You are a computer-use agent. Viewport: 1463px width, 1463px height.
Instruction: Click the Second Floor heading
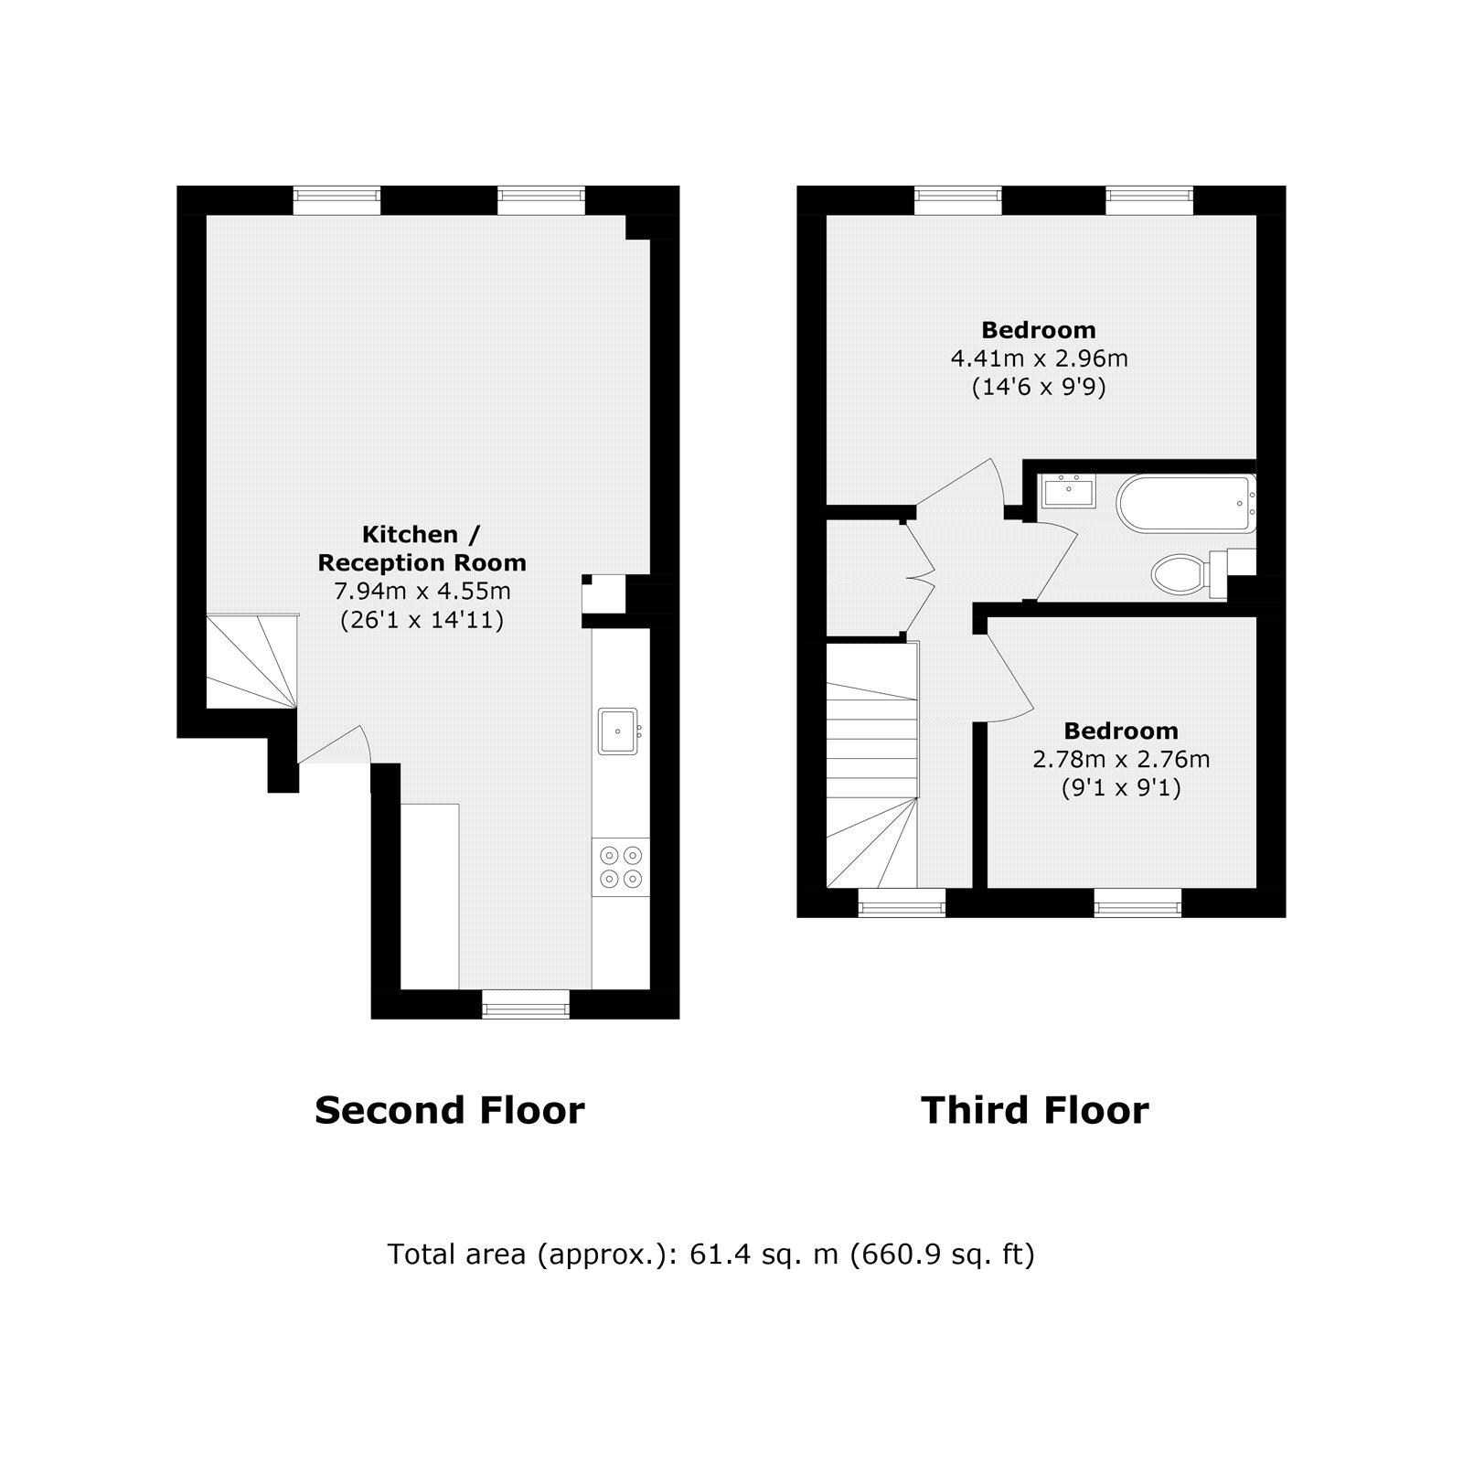tap(449, 1111)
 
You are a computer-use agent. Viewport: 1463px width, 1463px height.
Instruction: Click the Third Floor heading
tap(1034, 1111)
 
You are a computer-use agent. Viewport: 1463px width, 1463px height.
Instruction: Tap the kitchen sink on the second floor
tap(618, 731)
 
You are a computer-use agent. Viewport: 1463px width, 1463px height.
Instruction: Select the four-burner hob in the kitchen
tap(620, 867)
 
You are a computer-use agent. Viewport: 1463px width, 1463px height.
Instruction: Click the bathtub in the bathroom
tap(1185, 503)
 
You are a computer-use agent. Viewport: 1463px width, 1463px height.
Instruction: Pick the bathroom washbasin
tap(1069, 491)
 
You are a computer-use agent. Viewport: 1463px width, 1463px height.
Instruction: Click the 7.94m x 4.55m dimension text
tap(422, 592)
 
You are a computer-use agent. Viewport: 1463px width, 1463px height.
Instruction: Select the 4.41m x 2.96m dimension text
tap(1039, 358)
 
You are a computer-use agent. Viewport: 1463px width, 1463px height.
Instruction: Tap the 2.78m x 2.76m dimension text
tap(1121, 760)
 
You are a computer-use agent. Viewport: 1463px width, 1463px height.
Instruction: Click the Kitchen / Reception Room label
tap(422, 549)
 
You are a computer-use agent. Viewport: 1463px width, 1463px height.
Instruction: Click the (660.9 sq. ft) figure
tap(943, 1255)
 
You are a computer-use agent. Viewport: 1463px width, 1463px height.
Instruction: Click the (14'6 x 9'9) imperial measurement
tap(1039, 388)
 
